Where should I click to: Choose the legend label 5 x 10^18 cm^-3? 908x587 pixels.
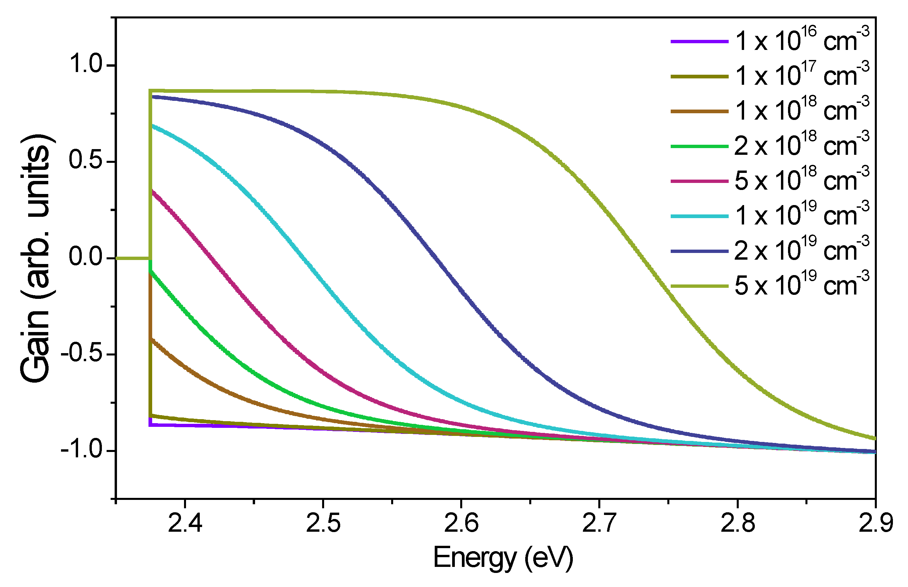tap(801, 181)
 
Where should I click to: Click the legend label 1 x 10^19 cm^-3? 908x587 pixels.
tap(801, 216)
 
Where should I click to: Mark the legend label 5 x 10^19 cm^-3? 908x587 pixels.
tap(801, 285)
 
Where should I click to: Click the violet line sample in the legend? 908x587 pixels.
tap(699, 41)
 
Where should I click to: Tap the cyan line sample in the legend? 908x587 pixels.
tap(699, 216)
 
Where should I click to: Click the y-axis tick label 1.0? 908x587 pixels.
tap(86, 64)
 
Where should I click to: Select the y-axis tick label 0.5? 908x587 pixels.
tap(86, 160)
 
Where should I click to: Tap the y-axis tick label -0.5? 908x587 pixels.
tap(82, 354)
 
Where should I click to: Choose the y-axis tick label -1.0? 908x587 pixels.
tap(82, 450)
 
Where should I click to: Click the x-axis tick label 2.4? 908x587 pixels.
tap(185, 523)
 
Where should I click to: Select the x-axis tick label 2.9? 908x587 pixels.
tap(875, 523)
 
